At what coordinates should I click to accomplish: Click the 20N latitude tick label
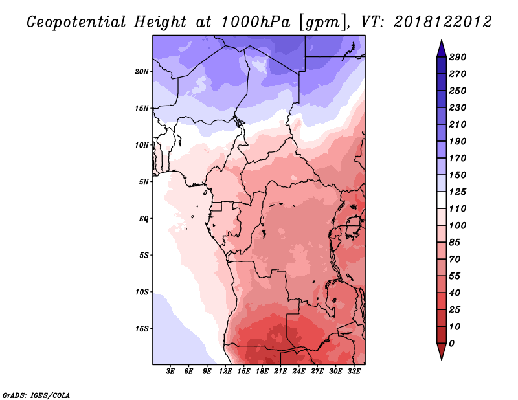[142, 72]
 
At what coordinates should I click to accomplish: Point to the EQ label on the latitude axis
[144, 219]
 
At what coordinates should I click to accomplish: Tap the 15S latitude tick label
[142, 329]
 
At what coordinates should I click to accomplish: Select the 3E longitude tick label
[170, 372]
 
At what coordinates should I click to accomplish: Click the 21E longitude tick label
[280, 372]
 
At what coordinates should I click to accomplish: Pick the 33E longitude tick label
[354, 372]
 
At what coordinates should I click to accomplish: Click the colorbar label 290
[458, 57]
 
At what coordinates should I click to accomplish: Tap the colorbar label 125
[458, 192]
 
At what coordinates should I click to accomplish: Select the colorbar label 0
[451, 344]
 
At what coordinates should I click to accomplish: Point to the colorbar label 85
[455, 243]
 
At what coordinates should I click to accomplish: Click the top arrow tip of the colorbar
[442, 40]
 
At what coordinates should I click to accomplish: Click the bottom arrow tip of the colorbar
[442, 360]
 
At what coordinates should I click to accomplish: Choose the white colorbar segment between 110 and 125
[442, 200]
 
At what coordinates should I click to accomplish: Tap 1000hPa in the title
[255, 22]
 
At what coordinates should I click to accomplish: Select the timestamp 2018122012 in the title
[443, 22]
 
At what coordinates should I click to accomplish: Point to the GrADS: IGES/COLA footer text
[36, 395]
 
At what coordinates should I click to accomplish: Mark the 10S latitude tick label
[142, 292]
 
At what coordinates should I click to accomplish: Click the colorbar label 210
[458, 124]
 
